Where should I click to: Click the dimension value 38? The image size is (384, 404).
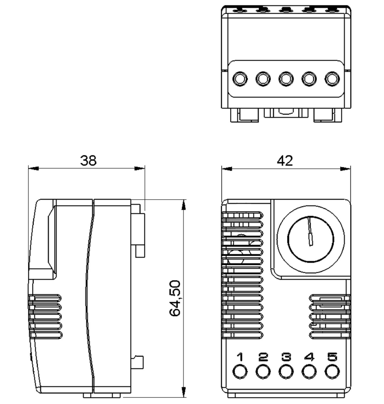[x=88, y=161]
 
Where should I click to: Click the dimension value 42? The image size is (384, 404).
[x=285, y=161]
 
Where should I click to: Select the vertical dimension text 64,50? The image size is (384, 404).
[x=175, y=298]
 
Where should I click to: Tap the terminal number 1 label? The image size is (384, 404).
[x=240, y=357]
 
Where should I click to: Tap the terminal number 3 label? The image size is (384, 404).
[x=286, y=357]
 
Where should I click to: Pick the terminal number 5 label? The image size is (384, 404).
[x=332, y=357]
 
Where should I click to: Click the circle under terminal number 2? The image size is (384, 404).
[x=263, y=372]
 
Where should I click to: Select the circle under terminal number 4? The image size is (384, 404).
[x=309, y=372]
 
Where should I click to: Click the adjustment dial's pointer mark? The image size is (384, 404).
[x=310, y=231]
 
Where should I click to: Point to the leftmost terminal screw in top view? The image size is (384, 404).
[x=240, y=79]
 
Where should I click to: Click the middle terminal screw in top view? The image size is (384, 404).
[x=286, y=79]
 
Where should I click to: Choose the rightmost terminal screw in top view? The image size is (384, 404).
[x=332, y=79]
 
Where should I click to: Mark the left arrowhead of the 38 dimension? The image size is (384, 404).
[x=34, y=168]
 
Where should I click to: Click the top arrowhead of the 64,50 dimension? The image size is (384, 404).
[x=184, y=205]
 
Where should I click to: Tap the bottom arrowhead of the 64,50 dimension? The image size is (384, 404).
[x=184, y=392]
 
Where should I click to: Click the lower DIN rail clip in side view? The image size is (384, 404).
[x=138, y=362]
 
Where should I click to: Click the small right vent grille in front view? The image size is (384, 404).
[x=330, y=316]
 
